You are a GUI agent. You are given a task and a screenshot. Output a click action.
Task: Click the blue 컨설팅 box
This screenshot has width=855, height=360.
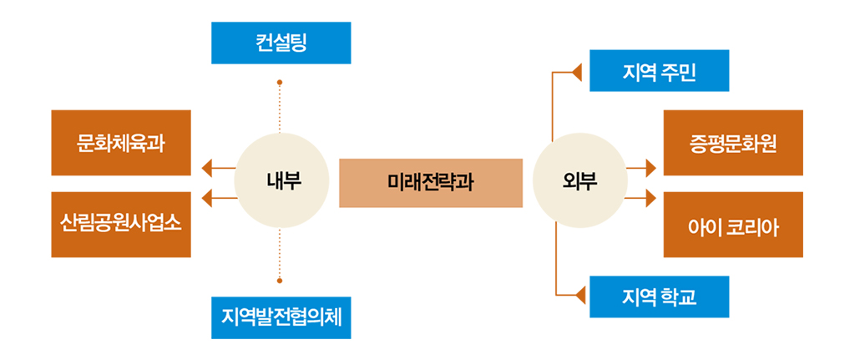(281, 43)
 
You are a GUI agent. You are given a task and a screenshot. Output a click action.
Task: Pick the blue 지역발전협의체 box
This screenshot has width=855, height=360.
(281, 317)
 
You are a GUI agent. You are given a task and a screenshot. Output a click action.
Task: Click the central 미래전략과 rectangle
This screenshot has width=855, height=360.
(430, 182)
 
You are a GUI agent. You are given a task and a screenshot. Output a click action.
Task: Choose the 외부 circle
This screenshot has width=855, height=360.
(579, 182)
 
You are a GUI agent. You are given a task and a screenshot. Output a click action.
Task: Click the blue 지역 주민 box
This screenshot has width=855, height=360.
(659, 70)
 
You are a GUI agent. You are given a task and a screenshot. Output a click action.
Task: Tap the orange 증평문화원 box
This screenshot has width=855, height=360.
(732, 142)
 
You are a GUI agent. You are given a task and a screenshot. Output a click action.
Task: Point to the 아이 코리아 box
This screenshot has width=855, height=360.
(732, 224)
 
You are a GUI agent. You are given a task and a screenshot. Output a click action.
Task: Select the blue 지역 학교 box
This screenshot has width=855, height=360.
(659, 297)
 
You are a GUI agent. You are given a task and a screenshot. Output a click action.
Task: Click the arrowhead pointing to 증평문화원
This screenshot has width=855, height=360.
(650, 168)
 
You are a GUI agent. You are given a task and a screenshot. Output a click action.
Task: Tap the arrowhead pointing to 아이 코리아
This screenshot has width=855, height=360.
(650, 199)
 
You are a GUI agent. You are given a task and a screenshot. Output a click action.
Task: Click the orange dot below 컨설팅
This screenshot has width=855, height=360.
(280, 83)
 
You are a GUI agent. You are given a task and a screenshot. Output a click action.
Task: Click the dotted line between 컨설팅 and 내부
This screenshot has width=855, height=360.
(280, 109)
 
